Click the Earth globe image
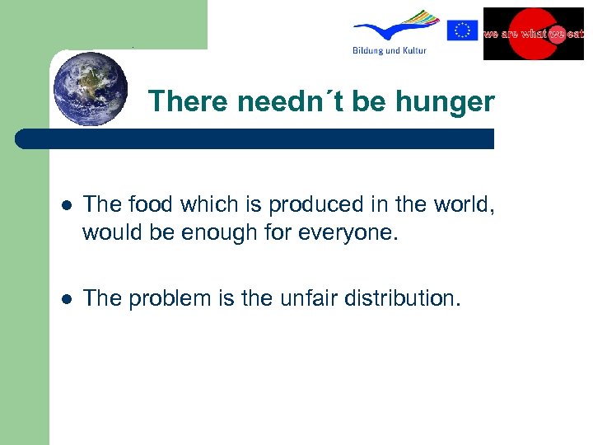click(91, 88)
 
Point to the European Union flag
click(462, 30)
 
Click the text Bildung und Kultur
click(388, 51)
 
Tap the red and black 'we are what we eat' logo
click(533, 34)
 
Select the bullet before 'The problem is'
click(65, 298)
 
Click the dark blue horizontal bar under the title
click(255, 138)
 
